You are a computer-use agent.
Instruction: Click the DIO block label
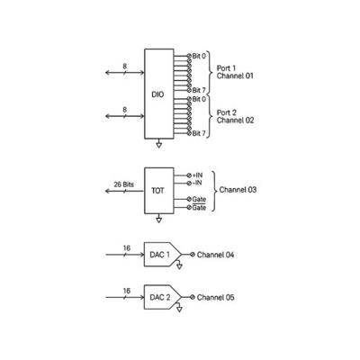[x=157, y=94]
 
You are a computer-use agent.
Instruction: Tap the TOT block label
[x=157, y=191]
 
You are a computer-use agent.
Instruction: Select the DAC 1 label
[x=159, y=255]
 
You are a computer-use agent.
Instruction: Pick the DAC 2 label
[x=160, y=297]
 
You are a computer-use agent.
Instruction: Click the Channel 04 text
[x=215, y=255]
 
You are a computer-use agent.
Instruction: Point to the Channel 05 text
[x=215, y=297]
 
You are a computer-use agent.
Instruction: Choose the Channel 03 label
[x=238, y=190]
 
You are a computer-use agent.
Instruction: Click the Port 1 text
[x=226, y=68]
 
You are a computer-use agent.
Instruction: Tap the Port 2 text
[x=227, y=112]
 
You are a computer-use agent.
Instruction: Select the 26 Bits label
[x=124, y=184]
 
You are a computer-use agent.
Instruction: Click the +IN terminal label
[x=197, y=175]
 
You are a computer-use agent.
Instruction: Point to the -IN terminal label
[x=197, y=183]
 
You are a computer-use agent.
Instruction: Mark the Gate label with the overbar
[x=199, y=207]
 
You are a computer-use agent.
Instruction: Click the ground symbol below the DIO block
[x=159, y=144]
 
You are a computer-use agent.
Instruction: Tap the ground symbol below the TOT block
[x=159, y=219]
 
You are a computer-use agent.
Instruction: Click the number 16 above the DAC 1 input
[x=127, y=248]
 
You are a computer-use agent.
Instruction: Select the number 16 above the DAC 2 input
[x=127, y=291]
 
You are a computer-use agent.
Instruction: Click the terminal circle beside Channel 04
[x=192, y=255]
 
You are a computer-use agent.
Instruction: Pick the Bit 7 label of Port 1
[x=199, y=90]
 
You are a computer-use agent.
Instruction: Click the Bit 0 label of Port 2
[x=199, y=99]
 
